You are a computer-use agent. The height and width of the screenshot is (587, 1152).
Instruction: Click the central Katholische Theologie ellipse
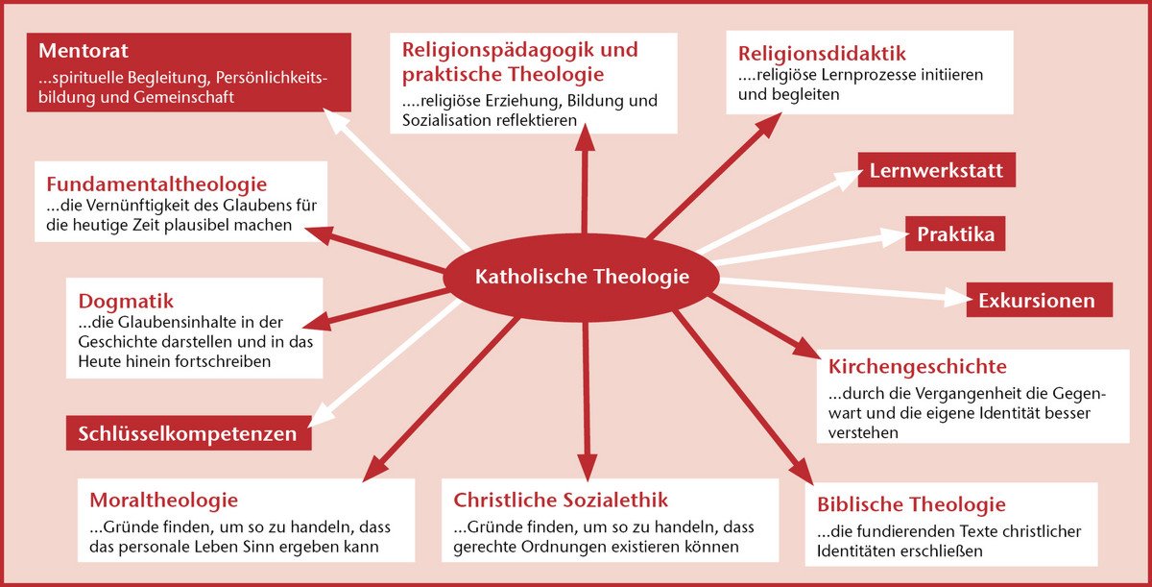pyautogui.click(x=581, y=278)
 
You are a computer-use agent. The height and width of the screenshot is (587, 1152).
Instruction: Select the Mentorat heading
pyautogui.click(x=84, y=50)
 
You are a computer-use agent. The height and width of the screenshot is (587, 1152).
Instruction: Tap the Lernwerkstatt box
pyautogui.click(x=937, y=170)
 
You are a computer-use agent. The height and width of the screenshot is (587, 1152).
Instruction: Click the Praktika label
pyautogui.click(x=955, y=234)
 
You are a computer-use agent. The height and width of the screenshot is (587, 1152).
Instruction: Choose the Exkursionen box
pyautogui.click(x=1040, y=300)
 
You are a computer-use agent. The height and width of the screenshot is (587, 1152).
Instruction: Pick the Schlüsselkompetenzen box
pyautogui.click(x=189, y=433)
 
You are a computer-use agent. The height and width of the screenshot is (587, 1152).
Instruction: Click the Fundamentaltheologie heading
pyautogui.click(x=156, y=183)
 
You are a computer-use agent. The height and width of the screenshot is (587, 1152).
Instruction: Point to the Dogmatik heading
pyautogui.click(x=126, y=301)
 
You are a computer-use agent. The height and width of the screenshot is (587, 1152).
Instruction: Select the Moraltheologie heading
pyautogui.click(x=163, y=500)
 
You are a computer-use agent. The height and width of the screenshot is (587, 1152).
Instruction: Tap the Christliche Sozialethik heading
pyautogui.click(x=561, y=500)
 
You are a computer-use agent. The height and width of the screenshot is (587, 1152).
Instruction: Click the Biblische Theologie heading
pyautogui.click(x=911, y=504)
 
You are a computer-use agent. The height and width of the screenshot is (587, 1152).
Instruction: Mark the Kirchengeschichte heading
pyautogui.click(x=918, y=366)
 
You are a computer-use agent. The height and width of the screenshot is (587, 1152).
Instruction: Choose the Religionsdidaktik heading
pyautogui.click(x=822, y=53)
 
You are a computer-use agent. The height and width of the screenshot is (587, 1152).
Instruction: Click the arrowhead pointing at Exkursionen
pyautogui.click(x=955, y=298)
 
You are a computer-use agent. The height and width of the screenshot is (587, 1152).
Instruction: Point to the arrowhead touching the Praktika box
pyautogui.click(x=895, y=236)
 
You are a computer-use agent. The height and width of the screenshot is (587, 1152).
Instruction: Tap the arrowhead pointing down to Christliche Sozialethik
pyautogui.click(x=587, y=467)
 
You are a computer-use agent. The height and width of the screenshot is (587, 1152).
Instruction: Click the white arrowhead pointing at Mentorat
pyautogui.click(x=335, y=120)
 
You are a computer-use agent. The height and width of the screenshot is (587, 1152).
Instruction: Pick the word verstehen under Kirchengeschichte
pyautogui.click(x=863, y=432)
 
